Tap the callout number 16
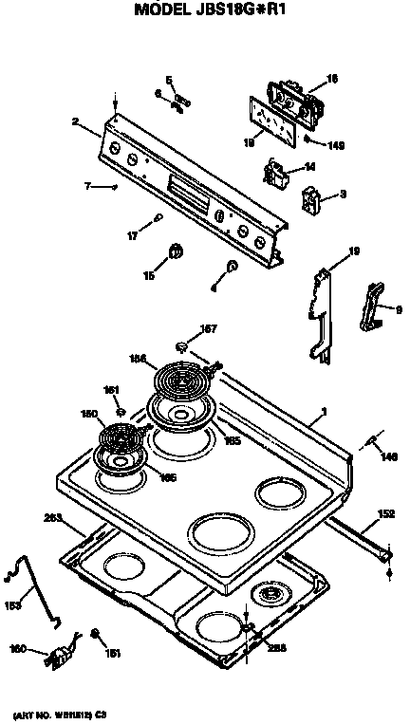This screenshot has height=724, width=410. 332,79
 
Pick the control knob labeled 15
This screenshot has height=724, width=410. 176,251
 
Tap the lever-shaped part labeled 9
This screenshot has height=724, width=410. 371,307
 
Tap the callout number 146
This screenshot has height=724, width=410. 387,456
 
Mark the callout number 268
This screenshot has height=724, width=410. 276,649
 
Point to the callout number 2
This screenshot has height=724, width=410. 75,121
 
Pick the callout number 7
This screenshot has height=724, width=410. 86,187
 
